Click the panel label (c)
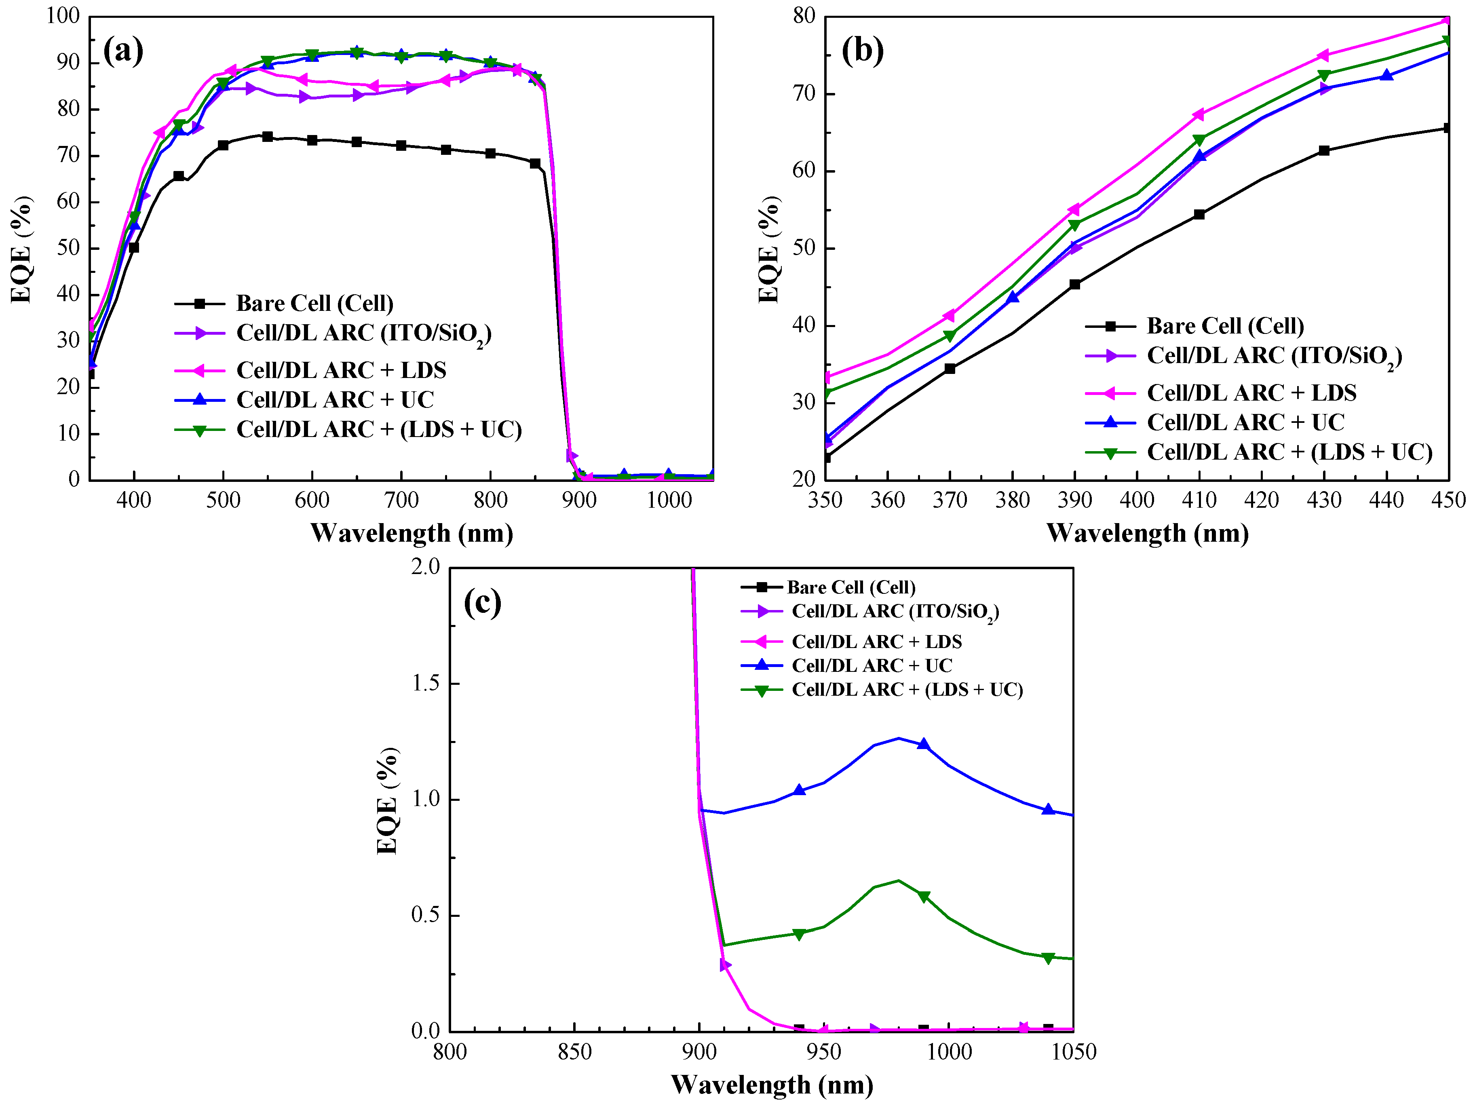482,603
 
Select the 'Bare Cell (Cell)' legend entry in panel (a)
314,304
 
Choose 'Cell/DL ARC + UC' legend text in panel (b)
1245,422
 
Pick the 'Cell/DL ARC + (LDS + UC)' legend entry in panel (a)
378,429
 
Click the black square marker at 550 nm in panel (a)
268,137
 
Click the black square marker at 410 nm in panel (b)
1199,214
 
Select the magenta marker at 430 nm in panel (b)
1324,55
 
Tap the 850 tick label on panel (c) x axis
574,1052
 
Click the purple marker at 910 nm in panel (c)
725,965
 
